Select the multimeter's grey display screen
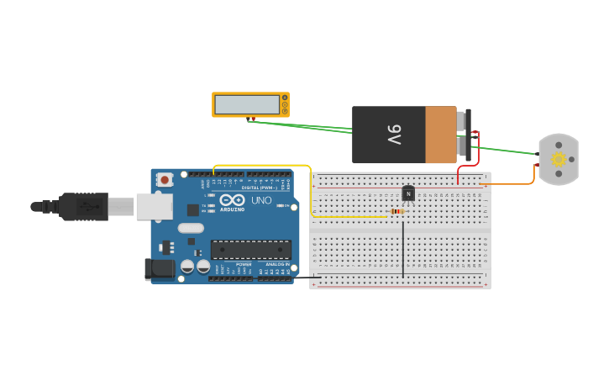[247, 104]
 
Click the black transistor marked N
[408, 193]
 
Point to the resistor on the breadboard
[396, 211]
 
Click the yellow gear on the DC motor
[559, 159]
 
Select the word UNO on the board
[261, 201]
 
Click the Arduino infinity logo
[233, 200]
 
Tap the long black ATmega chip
[251, 249]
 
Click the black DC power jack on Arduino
[160, 269]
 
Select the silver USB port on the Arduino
[155, 206]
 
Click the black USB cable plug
[84, 206]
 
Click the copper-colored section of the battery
[441, 135]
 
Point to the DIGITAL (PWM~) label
[260, 188]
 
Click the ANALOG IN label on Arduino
[277, 264]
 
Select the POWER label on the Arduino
[244, 264]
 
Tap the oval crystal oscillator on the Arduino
[191, 228]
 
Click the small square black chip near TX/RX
[193, 210]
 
